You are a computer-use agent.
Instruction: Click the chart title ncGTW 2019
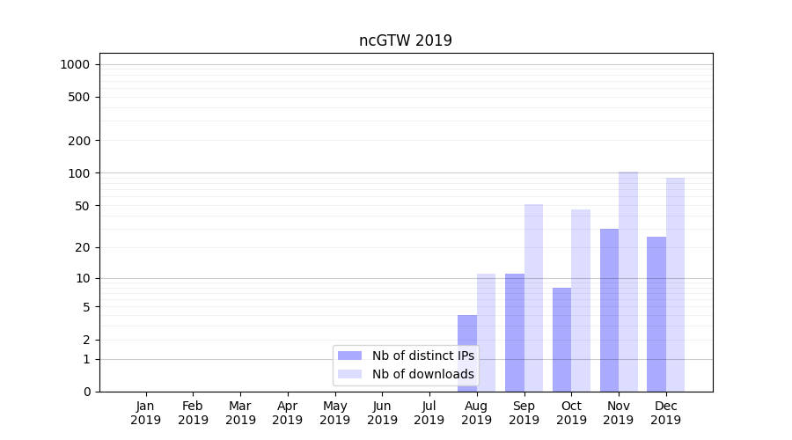pos(405,40)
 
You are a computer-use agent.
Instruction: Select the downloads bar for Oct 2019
pos(581,300)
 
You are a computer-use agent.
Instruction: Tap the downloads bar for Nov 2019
pos(628,282)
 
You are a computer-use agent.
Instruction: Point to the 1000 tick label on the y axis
pos(75,64)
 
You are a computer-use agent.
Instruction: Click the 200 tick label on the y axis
pos(79,141)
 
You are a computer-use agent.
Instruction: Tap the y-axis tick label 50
pos(82,206)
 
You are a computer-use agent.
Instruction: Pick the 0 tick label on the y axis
pos(87,392)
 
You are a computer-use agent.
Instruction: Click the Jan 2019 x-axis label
pos(146,413)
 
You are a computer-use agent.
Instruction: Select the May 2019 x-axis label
pos(335,413)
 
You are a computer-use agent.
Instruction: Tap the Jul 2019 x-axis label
pos(429,413)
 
